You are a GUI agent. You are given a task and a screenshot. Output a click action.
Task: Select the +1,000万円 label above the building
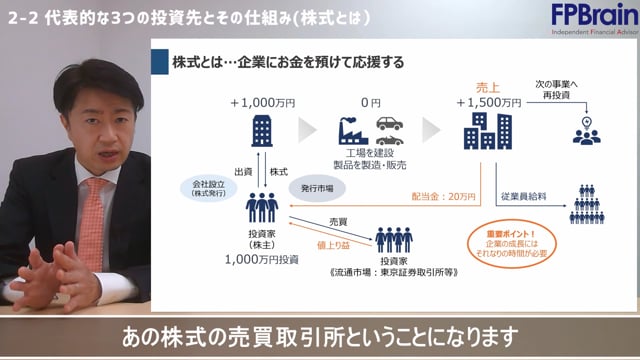pos(261,103)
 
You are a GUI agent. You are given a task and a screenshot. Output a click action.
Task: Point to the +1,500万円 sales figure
pos(488,103)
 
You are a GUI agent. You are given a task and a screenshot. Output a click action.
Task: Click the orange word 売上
pos(488,88)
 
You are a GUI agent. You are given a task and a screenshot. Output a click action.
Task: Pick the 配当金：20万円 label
pos(442,196)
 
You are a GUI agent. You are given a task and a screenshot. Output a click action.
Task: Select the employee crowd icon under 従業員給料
pos(593,204)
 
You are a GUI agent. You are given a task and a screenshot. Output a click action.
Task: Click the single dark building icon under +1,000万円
pos(262,132)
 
